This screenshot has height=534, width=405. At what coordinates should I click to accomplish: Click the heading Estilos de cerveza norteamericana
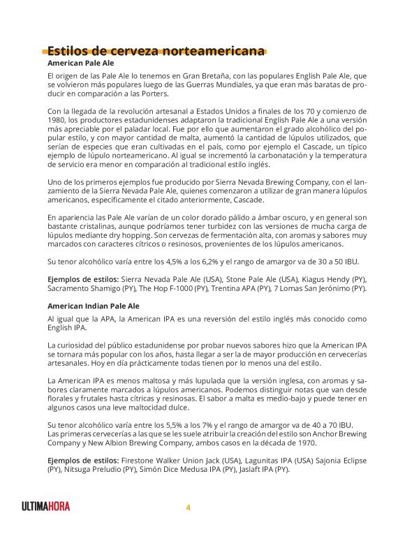[156, 51]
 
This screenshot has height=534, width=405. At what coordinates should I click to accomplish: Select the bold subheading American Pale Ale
[80, 63]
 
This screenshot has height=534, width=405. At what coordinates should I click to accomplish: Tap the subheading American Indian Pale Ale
[94, 306]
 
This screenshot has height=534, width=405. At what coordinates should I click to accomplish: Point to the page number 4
[188, 507]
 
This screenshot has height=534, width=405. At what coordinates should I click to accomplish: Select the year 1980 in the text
[57, 120]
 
